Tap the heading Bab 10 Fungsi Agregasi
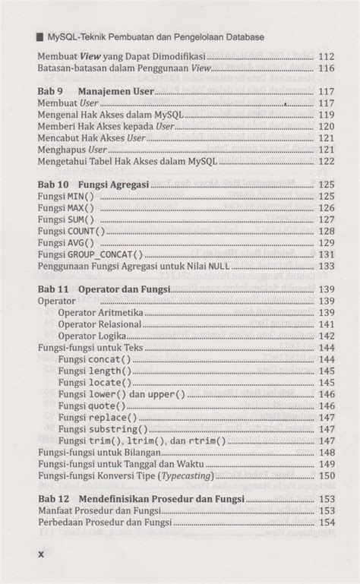click(x=94, y=185)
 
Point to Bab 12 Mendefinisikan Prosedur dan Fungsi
click(x=141, y=499)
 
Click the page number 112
click(x=327, y=57)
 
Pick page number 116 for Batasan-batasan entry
click(x=327, y=68)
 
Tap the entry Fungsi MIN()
click(x=66, y=196)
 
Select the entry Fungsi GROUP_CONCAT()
click(x=90, y=254)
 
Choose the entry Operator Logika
click(x=90, y=336)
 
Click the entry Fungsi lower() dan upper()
click(x=122, y=394)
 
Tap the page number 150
click(x=327, y=475)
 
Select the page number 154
click(x=327, y=522)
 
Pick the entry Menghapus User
click(x=72, y=150)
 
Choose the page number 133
click(x=327, y=266)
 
